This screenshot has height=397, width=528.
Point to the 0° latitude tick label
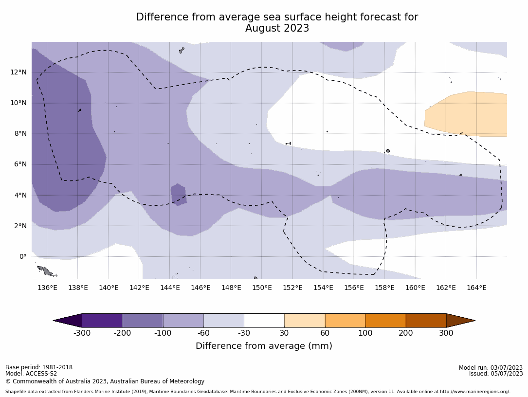pyautogui.click(x=22, y=256)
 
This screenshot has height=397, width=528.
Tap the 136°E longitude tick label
pyautogui.click(x=47, y=288)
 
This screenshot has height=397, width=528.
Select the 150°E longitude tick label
pyautogui.click(x=262, y=288)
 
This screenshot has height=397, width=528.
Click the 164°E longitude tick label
pyautogui.click(x=476, y=288)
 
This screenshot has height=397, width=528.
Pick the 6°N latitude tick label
pyautogui.click(x=20, y=164)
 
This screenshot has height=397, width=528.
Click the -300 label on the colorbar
pyautogui.click(x=82, y=333)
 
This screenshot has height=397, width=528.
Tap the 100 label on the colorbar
pyautogui.click(x=365, y=333)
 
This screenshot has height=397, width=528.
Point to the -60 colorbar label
pyautogui.click(x=203, y=333)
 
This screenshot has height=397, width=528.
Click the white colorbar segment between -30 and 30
pyautogui.click(x=264, y=321)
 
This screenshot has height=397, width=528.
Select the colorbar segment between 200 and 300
pyautogui.click(x=426, y=321)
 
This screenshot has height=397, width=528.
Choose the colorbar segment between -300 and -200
pyautogui.click(x=102, y=321)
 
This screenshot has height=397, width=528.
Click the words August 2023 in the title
pyautogui.click(x=277, y=29)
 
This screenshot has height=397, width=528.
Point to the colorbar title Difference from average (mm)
pyautogui.click(x=264, y=346)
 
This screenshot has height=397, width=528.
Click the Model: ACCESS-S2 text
pyautogui.click(x=31, y=374)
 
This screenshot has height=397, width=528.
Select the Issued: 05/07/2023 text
pyautogui.click(x=495, y=374)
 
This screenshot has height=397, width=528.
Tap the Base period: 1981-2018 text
pyautogui.click(x=39, y=367)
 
